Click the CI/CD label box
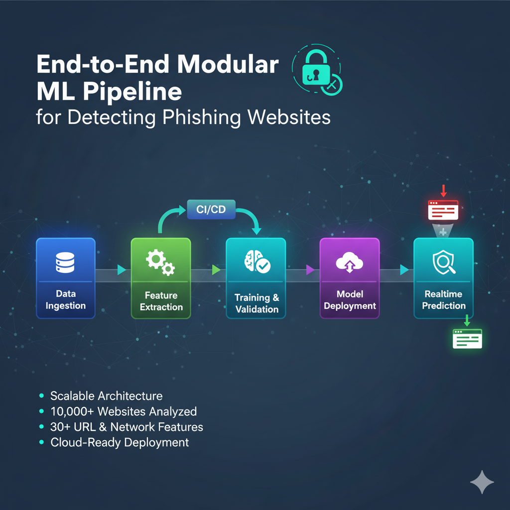coord(211,210)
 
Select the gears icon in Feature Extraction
coord(160,263)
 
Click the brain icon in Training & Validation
coord(256,262)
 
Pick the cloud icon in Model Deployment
coord(349,262)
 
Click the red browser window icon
coord(443,210)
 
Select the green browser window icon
coord(467,338)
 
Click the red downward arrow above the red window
coord(443,190)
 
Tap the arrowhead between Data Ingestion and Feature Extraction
coord(122,270)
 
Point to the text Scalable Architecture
coord(106,396)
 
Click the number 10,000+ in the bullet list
coord(73,411)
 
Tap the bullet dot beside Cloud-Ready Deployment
coord(42,442)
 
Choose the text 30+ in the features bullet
coord(61,427)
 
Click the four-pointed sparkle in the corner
coord(482,482)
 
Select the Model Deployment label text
coord(350,300)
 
